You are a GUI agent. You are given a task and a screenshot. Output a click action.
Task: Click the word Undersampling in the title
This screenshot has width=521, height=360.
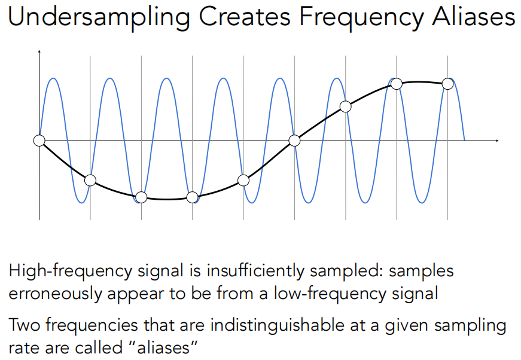click(99, 17)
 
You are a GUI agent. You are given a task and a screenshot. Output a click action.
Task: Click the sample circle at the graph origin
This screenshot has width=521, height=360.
click(39, 141)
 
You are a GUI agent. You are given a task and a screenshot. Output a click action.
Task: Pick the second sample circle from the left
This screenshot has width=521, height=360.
click(90, 181)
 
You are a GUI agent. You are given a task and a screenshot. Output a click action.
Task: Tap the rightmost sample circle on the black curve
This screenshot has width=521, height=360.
click(447, 84)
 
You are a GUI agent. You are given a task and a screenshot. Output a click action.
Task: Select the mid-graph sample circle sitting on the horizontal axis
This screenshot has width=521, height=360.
click(294, 141)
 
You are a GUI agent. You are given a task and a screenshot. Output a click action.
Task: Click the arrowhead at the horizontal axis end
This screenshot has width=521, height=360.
click(497, 141)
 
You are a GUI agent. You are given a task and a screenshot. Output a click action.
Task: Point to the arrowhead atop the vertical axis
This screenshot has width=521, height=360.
click(39, 51)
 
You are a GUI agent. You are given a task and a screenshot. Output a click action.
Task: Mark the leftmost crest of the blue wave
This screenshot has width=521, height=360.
click(53, 78)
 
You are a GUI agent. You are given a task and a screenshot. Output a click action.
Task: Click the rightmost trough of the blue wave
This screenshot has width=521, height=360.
click(422, 202)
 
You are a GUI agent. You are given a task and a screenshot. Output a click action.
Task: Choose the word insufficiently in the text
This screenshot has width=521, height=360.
click(255, 271)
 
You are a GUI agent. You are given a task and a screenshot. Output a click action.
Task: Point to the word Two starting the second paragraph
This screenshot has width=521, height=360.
click(25, 325)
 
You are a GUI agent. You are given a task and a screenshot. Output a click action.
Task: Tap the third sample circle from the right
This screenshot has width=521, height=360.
click(346, 106)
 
